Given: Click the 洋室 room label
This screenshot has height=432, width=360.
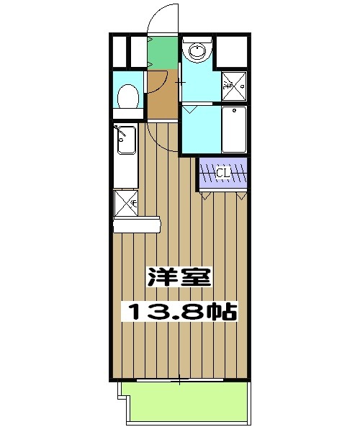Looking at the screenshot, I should click(179, 278).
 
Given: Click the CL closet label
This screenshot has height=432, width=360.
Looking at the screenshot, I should click(222, 173).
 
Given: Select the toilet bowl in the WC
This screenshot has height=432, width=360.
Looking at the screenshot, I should click(128, 96).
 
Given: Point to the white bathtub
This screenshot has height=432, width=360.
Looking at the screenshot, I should click(233, 130).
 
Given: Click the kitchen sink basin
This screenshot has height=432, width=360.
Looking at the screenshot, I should click(125, 140).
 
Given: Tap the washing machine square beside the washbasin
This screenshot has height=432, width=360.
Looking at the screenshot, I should click(233, 85).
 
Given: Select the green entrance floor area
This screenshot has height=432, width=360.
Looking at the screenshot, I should click(163, 52).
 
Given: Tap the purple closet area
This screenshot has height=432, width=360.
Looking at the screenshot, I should click(223, 174).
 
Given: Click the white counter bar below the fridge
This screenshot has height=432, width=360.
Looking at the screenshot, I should click(137, 225).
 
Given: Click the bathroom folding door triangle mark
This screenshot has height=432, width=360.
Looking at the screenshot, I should click(192, 109).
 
